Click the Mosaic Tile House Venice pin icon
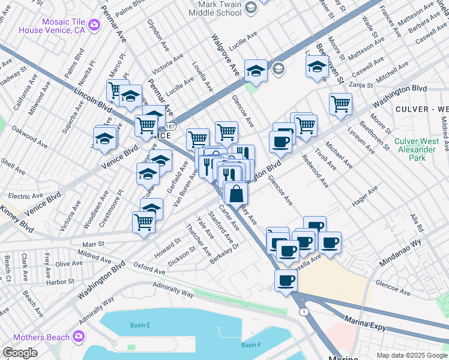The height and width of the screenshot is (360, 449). coord(94,25)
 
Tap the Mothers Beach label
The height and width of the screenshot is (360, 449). coord(38,337)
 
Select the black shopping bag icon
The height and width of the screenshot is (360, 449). coord(237,193)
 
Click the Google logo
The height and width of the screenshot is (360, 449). coord(20,353)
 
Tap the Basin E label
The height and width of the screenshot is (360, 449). coord(140,325)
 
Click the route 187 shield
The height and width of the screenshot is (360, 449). coord(171,127)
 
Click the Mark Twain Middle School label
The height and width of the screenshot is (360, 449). coord(215,8)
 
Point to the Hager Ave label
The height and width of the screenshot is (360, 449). coord(364,196)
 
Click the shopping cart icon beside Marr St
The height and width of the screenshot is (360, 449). coord(143,222)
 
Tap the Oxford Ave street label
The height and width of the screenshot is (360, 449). coord(149,268)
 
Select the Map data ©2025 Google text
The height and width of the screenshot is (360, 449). coord(412,355)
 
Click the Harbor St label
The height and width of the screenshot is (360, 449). coord(59,281)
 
